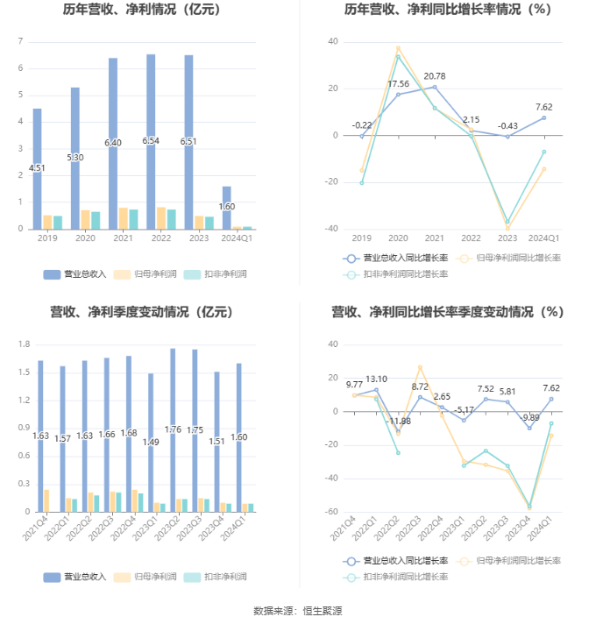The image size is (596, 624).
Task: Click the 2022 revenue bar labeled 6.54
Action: click(151, 140)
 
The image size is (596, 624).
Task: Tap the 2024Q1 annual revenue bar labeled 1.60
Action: click(227, 207)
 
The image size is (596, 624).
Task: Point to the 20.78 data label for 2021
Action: click(435, 76)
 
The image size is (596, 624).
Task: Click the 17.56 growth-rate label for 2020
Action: click(398, 84)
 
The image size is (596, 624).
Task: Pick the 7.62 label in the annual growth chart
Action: click(543, 107)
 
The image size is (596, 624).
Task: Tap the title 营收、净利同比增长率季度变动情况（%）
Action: click(447, 311)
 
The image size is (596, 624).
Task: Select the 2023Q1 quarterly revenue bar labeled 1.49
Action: click(151, 443)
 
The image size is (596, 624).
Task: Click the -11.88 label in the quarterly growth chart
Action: click(399, 422)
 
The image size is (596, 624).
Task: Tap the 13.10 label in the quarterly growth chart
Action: click(377, 379)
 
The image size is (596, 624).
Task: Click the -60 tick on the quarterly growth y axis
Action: click(333, 512)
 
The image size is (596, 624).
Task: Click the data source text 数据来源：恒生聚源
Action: click(297, 610)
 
